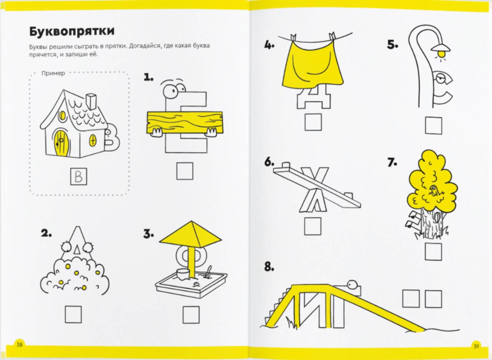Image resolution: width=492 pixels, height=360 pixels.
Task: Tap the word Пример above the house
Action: [x=53, y=73]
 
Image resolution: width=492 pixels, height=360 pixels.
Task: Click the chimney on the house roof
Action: [x=91, y=101]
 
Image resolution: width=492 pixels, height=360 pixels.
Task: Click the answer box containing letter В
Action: [x=79, y=176]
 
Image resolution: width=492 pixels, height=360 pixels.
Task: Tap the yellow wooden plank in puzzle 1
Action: [x=184, y=123]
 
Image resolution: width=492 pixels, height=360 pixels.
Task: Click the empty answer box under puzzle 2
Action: [x=73, y=314]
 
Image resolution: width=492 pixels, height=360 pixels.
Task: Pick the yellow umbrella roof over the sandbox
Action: [x=190, y=234]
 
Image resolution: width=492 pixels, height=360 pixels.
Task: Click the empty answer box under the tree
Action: [x=433, y=252]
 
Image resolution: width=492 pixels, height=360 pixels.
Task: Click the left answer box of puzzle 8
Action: [x=411, y=299]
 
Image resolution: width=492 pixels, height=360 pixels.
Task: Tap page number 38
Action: [x=20, y=345]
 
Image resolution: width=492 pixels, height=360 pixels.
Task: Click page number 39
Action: [x=476, y=347]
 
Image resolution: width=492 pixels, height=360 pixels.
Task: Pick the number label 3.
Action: [x=149, y=234]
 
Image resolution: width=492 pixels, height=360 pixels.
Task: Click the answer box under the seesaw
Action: [x=312, y=226]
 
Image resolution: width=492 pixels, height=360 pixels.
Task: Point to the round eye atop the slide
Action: [x=352, y=285]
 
